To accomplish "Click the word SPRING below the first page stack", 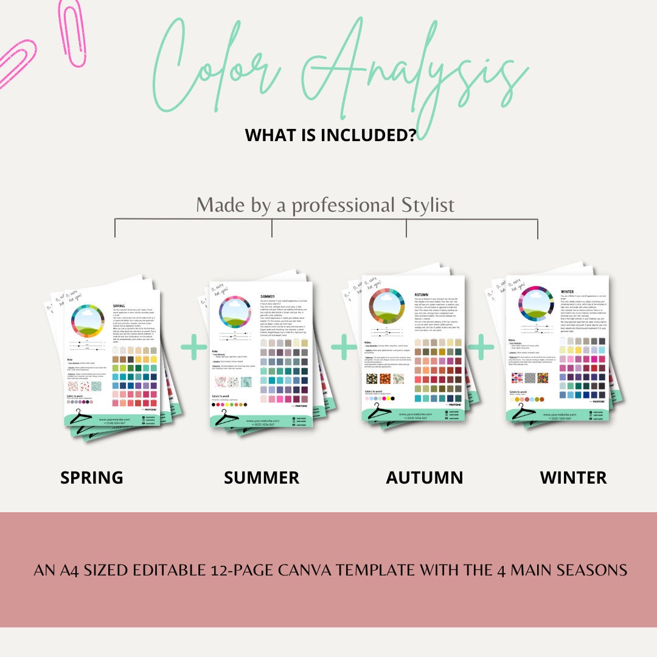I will (x=92, y=478).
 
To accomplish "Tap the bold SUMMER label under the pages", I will (x=262, y=478).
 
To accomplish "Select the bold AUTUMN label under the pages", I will (x=425, y=478).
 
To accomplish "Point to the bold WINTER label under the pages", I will (x=573, y=478).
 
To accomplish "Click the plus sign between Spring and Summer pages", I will (x=194, y=347).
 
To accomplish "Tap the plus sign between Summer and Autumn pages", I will (x=344, y=347).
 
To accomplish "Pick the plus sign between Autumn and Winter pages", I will (x=481, y=347).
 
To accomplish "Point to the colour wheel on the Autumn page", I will (x=386, y=307).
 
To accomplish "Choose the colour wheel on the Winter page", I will (x=535, y=303).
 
